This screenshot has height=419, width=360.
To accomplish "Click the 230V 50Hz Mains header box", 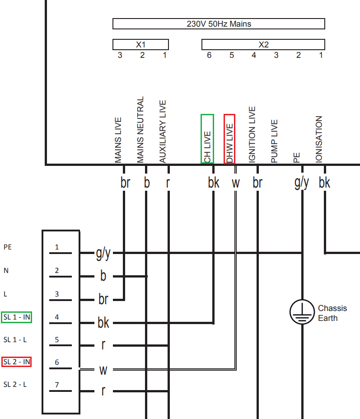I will coord(219,24).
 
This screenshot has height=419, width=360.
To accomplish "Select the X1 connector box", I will coord(140,44).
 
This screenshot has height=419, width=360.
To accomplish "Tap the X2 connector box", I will coord(263,44).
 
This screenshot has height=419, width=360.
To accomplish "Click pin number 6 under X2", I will coord(209,55).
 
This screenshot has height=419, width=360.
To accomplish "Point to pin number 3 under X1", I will coord(120,55).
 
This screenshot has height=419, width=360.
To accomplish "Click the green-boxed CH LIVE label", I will coord(207,139).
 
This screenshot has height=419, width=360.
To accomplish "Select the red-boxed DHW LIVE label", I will coord(229,139).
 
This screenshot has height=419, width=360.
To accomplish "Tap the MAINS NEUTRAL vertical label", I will coord(140,130).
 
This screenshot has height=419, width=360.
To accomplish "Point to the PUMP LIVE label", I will coord(274,141).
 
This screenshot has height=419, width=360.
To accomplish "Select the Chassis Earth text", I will coord(332,313).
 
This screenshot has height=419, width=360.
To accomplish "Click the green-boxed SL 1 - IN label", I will coord(17,317).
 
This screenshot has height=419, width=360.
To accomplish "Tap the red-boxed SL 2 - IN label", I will coord(17,362).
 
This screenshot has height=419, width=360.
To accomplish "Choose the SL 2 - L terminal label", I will coord(15,384).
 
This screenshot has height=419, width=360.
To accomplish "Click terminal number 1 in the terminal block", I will coord(57,247).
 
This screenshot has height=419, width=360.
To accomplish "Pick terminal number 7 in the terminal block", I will coord(57,385).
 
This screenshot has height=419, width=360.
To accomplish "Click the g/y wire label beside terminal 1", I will coord(103,254).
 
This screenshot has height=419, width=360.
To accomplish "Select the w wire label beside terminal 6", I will coord(103,370).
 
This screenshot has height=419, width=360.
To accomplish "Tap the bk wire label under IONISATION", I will coord(324,183).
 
